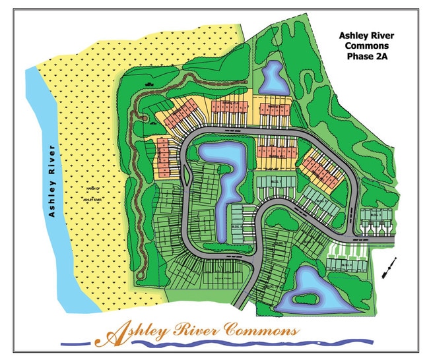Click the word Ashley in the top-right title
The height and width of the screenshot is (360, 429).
[356, 35]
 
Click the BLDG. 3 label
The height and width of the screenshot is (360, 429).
[385, 215]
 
